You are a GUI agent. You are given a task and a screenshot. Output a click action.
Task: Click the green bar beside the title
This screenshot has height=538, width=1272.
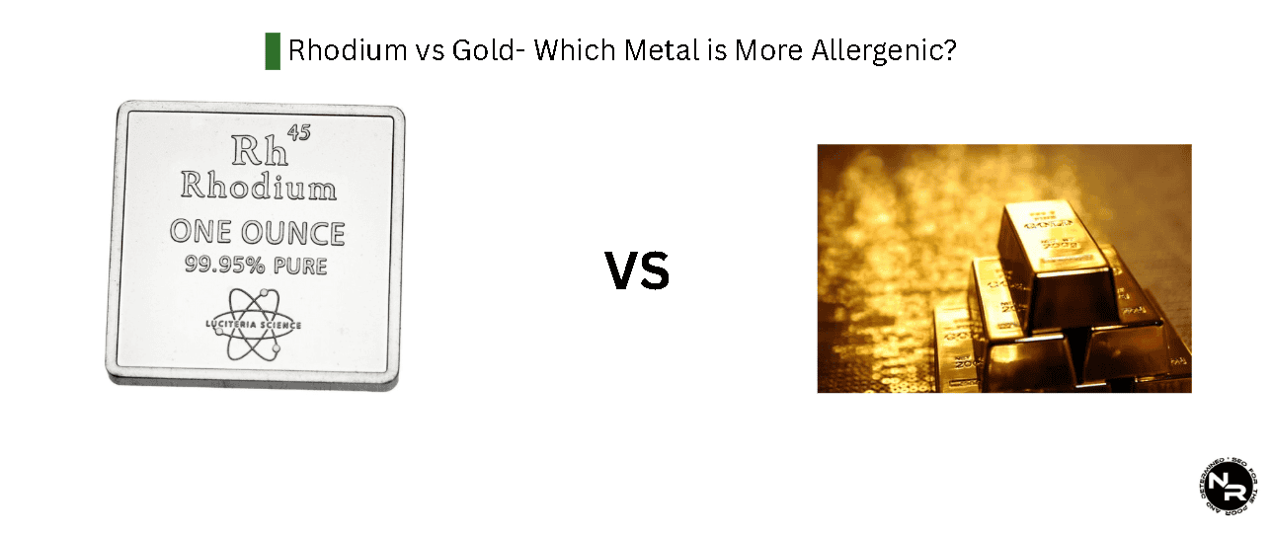[x=273, y=50]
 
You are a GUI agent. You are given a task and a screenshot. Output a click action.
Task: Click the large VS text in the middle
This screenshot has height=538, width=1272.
[x=637, y=271]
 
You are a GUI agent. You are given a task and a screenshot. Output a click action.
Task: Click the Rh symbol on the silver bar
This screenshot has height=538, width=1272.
[x=257, y=150]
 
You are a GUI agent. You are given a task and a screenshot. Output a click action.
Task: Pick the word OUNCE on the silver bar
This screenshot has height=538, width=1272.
[x=294, y=233]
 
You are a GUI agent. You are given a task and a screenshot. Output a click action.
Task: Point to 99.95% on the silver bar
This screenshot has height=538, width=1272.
[x=221, y=266]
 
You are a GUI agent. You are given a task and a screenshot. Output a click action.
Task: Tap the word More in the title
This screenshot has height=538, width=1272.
[x=765, y=50]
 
